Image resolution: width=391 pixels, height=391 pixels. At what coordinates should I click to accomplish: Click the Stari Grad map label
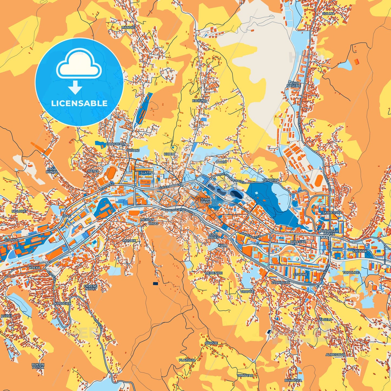pyautogui.click(x=205, y=201)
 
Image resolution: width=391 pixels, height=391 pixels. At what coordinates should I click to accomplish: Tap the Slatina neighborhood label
pyautogui.click(x=147, y=173)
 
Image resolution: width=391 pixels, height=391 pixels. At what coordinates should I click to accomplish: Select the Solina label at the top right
pyautogui.click(x=328, y=13)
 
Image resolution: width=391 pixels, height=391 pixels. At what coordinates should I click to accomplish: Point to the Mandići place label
pyautogui.click(x=128, y=27)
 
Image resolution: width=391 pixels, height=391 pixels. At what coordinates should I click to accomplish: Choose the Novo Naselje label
pyautogui.click(x=294, y=84)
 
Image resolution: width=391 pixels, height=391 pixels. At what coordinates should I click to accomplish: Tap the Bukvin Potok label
pyautogui.click(x=38, y=366)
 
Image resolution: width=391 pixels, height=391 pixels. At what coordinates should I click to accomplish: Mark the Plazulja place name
pyautogui.click(x=187, y=360)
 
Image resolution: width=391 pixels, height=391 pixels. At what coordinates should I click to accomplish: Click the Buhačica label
pyautogui.click(x=293, y=380)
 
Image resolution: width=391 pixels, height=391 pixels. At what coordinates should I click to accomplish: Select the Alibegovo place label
pyautogui.click(x=335, y=354)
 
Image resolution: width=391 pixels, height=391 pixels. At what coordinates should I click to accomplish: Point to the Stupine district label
pyautogui.click(x=300, y=274)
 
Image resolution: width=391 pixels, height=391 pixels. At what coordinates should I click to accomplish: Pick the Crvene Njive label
pyautogui.click(x=90, y=287)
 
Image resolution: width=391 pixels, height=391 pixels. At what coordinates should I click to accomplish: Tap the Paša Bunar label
pyautogui.click(x=52, y=170)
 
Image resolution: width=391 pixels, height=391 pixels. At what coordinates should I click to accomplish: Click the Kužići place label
pyautogui.click(x=6, y=316)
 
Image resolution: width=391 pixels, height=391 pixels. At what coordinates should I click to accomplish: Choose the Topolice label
pyautogui.click(x=351, y=272)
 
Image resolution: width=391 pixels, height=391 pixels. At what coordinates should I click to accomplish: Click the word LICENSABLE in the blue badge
pyautogui.click(x=79, y=103)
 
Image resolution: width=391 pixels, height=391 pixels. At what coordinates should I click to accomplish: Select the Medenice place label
pyautogui.click(x=213, y=273)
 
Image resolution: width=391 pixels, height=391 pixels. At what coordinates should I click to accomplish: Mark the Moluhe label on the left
pyautogui.click(x=19, y=211)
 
